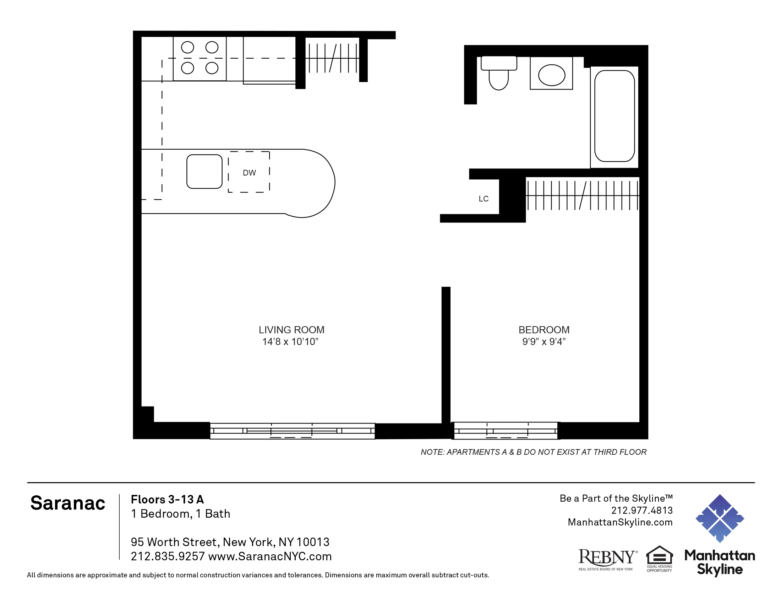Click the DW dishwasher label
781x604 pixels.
pyautogui.click(x=249, y=173)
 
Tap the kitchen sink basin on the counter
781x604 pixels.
pyautogui.click(x=204, y=171)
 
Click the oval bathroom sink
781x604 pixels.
pyautogui.click(x=551, y=75)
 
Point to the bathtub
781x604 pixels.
pyautogui.click(x=614, y=116)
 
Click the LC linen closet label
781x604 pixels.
pyautogui.click(x=484, y=199)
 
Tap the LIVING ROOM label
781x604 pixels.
pyautogui.click(x=291, y=330)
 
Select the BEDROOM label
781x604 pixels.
pyautogui.click(x=544, y=330)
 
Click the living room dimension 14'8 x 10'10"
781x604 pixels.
pyautogui.click(x=290, y=342)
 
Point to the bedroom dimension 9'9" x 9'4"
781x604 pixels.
pyautogui.click(x=544, y=342)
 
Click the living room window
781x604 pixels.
pyautogui.click(x=292, y=431)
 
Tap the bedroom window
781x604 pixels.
pyautogui.click(x=505, y=431)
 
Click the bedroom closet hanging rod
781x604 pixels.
pyautogui.click(x=582, y=195)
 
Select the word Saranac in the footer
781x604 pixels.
pyautogui.click(x=67, y=503)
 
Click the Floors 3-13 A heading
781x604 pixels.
pyautogui.click(x=167, y=500)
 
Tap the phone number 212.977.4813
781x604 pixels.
pyautogui.click(x=641, y=510)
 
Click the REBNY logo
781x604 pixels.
pyautogui.click(x=607, y=559)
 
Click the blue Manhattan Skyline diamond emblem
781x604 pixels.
pyautogui.click(x=719, y=518)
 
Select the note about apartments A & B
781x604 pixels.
pyautogui.click(x=533, y=452)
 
